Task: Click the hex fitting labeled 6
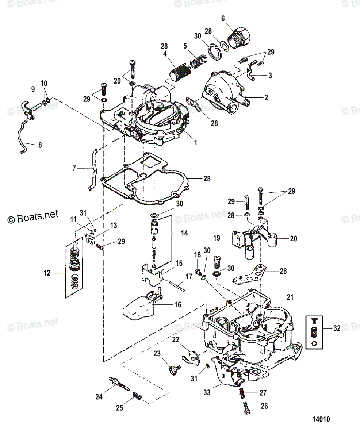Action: [x=239, y=37]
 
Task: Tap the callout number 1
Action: [x=195, y=143]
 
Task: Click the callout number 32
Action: [x=337, y=328]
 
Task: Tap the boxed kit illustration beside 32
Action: [x=314, y=333]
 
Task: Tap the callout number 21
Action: [x=290, y=297]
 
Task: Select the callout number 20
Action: [x=293, y=239]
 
